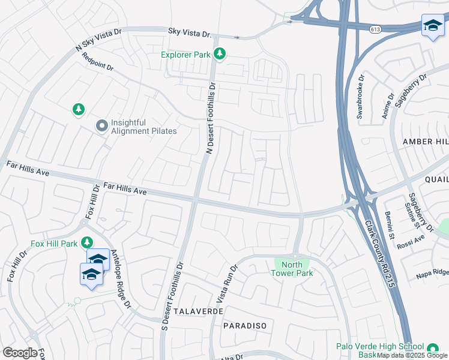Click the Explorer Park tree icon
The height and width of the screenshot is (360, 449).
pos(220,55)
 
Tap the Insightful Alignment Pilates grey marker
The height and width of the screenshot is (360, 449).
pos(101,126)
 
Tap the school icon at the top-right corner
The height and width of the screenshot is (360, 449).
pos(432,26)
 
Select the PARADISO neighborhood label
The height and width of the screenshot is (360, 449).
pos(244,325)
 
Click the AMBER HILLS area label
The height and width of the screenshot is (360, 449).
pos(425,141)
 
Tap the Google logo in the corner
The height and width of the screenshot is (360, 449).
pos(19,353)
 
